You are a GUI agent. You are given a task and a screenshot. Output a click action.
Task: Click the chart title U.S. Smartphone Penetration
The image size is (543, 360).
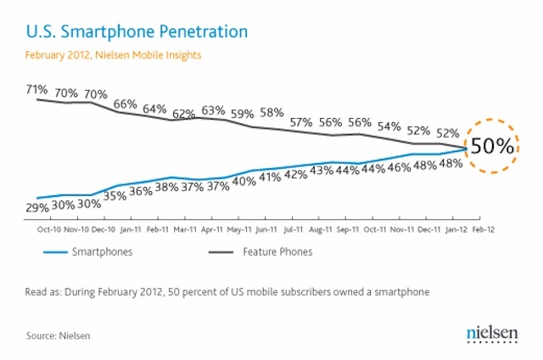click(137, 32)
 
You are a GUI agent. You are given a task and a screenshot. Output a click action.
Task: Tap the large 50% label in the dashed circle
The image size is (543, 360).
click(493, 145)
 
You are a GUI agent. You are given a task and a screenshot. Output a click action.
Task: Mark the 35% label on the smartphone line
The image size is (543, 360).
click(116, 195)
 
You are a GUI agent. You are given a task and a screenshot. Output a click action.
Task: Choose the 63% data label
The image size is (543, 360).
click(213, 110)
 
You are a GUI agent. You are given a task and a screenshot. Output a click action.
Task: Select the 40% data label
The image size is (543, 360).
click(244, 180)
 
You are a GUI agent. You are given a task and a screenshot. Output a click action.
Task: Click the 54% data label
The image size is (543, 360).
click(389, 127)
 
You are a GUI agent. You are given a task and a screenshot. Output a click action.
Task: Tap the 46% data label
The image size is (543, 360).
click(399, 167)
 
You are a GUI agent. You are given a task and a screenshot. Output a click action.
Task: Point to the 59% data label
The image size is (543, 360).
click(244, 114)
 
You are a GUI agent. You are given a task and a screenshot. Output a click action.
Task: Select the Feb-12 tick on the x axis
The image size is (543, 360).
click(484, 229)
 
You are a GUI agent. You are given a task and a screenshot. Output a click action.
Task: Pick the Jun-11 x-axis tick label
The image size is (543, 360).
click(266, 229)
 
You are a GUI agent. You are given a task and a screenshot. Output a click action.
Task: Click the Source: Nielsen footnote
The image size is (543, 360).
click(59, 335)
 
